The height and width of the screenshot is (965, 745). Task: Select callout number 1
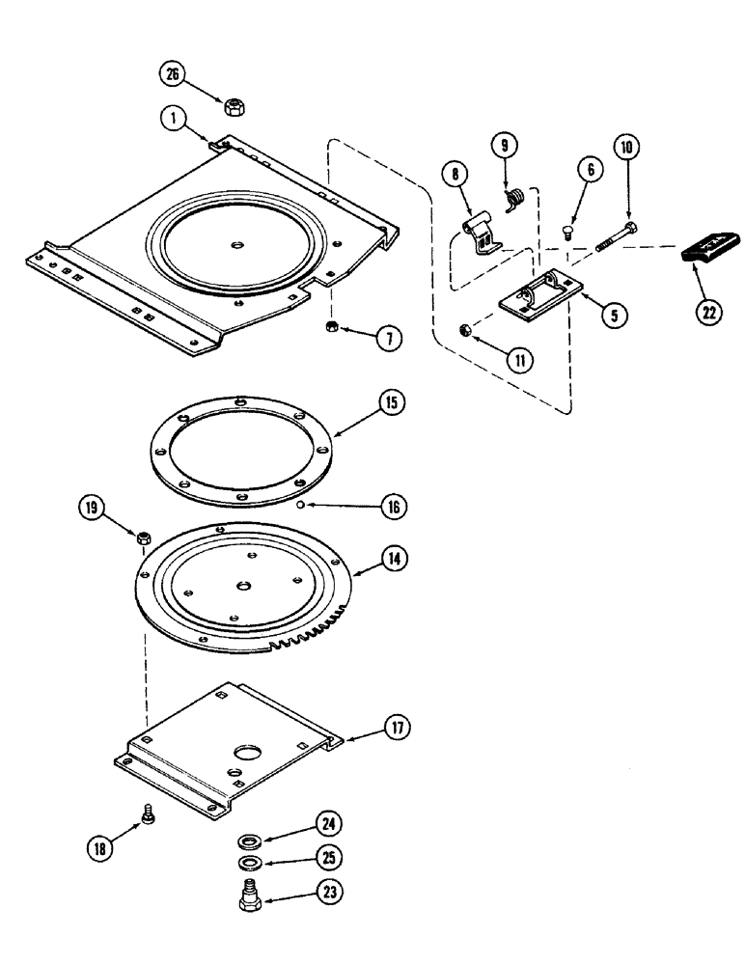click(x=172, y=120)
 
